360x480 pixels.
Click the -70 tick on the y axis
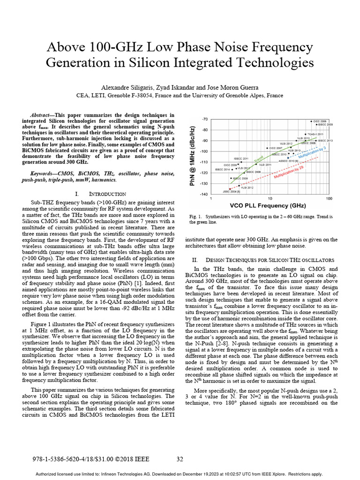point(205,120)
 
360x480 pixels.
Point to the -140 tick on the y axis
point(204,194)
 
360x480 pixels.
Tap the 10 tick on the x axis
point(270,199)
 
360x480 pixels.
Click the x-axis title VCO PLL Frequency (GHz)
point(269,206)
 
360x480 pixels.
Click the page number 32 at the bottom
point(180,459)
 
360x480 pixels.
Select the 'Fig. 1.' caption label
point(194,217)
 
